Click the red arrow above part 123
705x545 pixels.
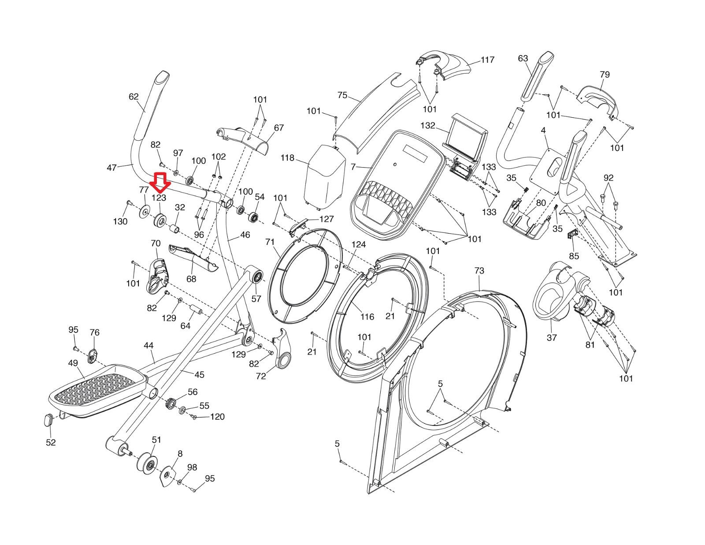[x=159, y=181]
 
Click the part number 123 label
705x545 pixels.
[x=159, y=198]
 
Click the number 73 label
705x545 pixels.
[x=479, y=271]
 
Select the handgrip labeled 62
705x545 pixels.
[x=152, y=106]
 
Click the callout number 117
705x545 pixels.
[x=487, y=60]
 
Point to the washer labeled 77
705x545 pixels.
[x=144, y=212]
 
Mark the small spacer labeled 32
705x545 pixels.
[x=175, y=229]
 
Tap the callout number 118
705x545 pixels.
[x=287, y=158]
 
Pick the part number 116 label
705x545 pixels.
[x=367, y=317]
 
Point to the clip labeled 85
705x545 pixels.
[x=572, y=234]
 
